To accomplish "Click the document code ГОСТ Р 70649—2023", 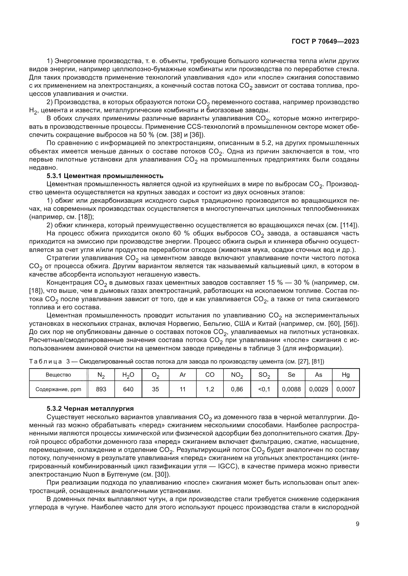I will click(x=325, y=42).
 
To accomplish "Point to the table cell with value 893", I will click(x=101, y=389).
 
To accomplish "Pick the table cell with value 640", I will click(x=128, y=389).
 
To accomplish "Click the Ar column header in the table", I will click(x=183, y=375).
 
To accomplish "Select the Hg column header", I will click(x=346, y=375).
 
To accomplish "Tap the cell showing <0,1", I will click(x=264, y=389).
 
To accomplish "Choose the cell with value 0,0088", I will click(x=291, y=389).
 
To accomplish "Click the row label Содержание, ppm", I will click(x=58, y=389).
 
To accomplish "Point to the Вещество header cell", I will click(x=58, y=375).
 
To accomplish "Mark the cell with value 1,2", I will click(x=210, y=389).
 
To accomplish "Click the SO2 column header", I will click(x=264, y=375).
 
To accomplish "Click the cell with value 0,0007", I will click(x=346, y=389).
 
